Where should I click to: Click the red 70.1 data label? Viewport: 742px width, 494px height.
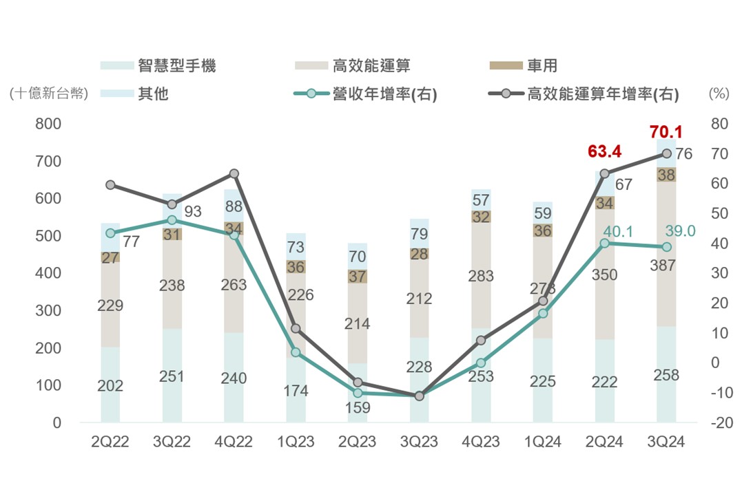[x=664, y=132]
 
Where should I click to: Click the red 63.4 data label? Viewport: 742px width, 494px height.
[x=604, y=151]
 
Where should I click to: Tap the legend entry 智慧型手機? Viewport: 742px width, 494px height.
[x=176, y=66]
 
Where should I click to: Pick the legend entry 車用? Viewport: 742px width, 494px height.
[x=542, y=66]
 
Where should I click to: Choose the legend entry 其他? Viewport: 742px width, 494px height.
[x=153, y=94]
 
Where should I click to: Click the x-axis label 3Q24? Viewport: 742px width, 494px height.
[x=666, y=442]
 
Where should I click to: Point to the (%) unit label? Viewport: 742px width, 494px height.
[x=719, y=94]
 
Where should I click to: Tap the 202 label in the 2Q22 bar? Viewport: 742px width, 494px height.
[x=110, y=386]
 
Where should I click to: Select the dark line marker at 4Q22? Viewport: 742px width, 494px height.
[x=234, y=173]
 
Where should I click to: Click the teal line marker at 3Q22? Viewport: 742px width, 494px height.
[x=172, y=220]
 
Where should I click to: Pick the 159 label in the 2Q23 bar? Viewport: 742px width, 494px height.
[x=358, y=407]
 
